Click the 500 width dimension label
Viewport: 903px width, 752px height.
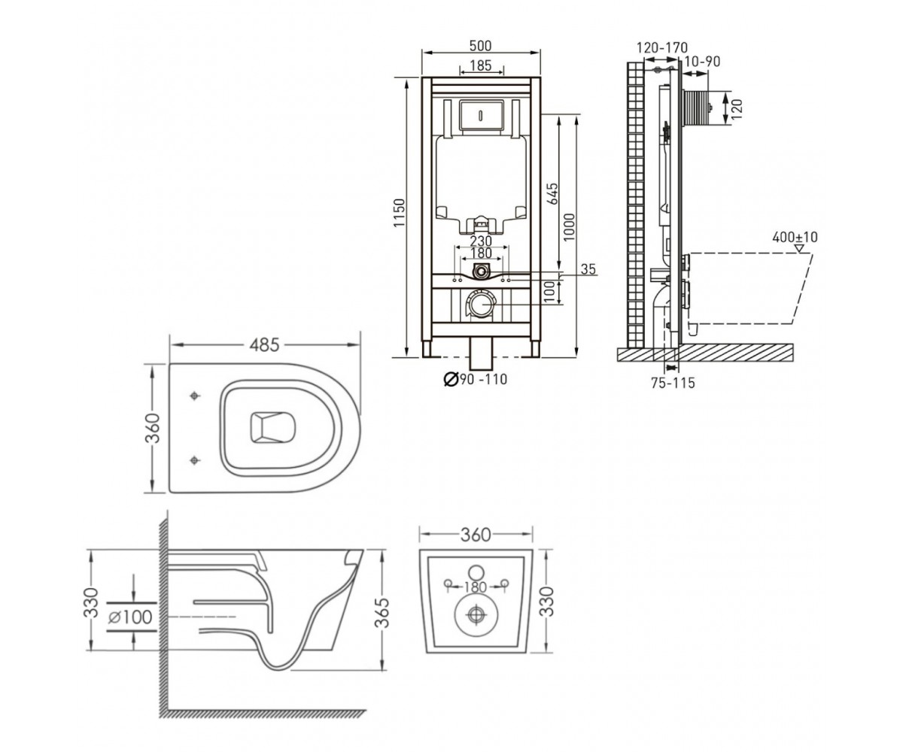pos(480,45)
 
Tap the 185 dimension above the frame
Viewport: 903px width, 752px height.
pos(481,65)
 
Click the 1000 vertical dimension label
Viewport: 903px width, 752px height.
pos(569,227)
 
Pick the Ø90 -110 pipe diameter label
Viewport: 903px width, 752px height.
pos(476,380)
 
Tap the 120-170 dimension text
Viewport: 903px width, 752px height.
pos(662,47)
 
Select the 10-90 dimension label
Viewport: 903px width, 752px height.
pos(703,62)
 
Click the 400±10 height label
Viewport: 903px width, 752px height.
pos(795,238)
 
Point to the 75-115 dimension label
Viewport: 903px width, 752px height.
pos(673,383)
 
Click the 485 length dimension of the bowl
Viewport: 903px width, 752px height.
pos(265,345)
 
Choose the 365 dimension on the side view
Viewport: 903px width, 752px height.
pos(382,613)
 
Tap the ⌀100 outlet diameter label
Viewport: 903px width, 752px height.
pos(130,617)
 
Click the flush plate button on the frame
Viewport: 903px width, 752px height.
pos(481,115)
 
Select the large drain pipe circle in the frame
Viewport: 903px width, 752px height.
pos(482,305)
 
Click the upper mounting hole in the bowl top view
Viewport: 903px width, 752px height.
pos(195,396)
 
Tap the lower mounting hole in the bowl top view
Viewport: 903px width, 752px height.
pos(195,461)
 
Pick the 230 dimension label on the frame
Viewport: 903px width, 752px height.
pos(481,241)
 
